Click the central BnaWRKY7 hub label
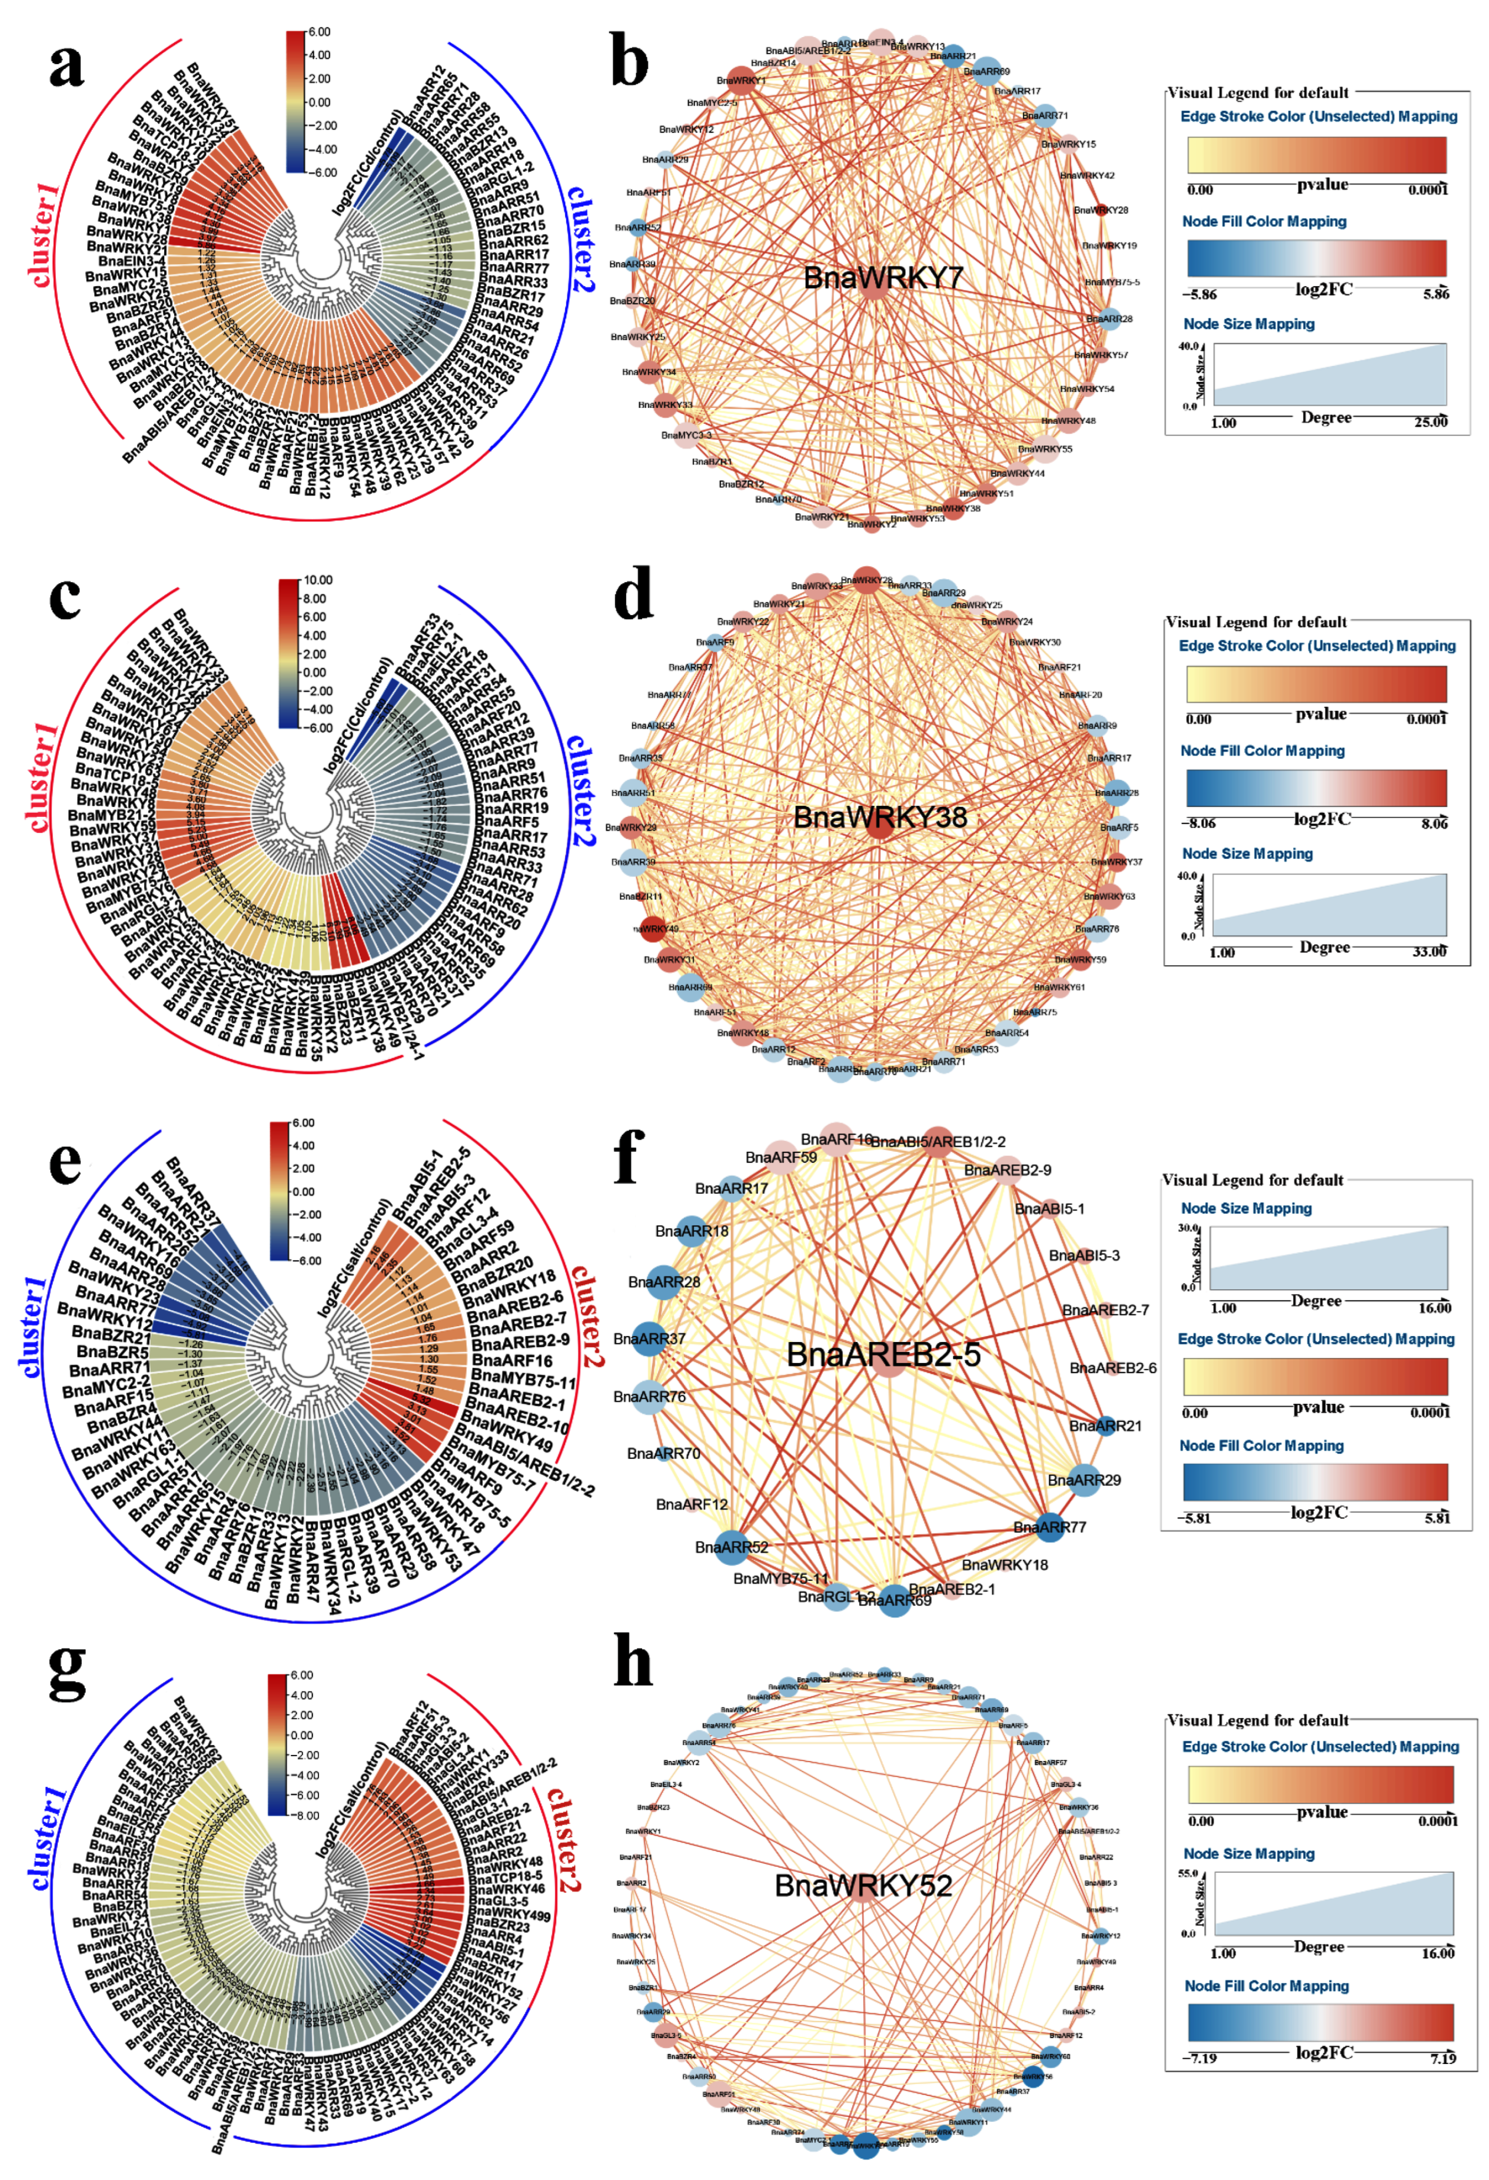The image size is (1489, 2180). coord(870,278)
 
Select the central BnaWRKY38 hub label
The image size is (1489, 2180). coord(879,817)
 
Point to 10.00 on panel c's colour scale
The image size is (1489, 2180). coord(315,580)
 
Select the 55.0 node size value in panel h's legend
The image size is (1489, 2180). coord(1187,1873)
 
